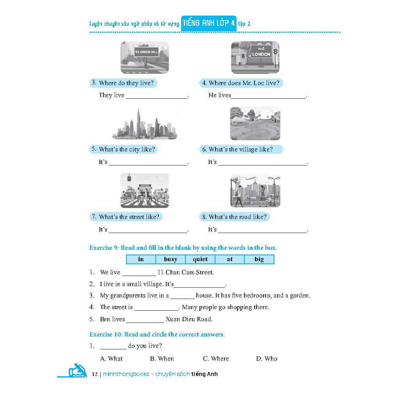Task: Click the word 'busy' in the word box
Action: pyautogui.click(x=171, y=259)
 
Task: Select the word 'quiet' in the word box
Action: pyautogui.click(x=200, y=259)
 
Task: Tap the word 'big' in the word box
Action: pyautogui.click(x=259, y=259)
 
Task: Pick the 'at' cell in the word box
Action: pyautogui.click(x=230, y=259)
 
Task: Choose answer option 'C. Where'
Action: pyautogui.click(x=216, y=358)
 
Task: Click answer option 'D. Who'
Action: pyautogui.click(x=267, y=358)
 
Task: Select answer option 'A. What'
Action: pyautogui.click(x=111, y=358)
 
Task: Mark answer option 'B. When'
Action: pyautogui.click(x=162, y=358)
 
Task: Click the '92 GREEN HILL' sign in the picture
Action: pyautogui.click(x=146, y=52)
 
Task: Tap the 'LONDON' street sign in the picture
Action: pyautogui.click(x=261, y=53)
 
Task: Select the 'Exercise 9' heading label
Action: pyautogui.click(x=104, y=248)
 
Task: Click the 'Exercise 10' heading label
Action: pyautogui.click(x=106, y=335)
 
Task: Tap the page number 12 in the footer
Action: pyautogui.click(x=94, y=374)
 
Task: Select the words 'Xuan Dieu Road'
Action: pyautogui.click(x=189, y=319)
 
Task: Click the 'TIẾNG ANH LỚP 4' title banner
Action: pyautogui.click(x=209, y=23)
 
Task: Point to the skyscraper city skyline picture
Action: pyautogui.click(x=145, y=124)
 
